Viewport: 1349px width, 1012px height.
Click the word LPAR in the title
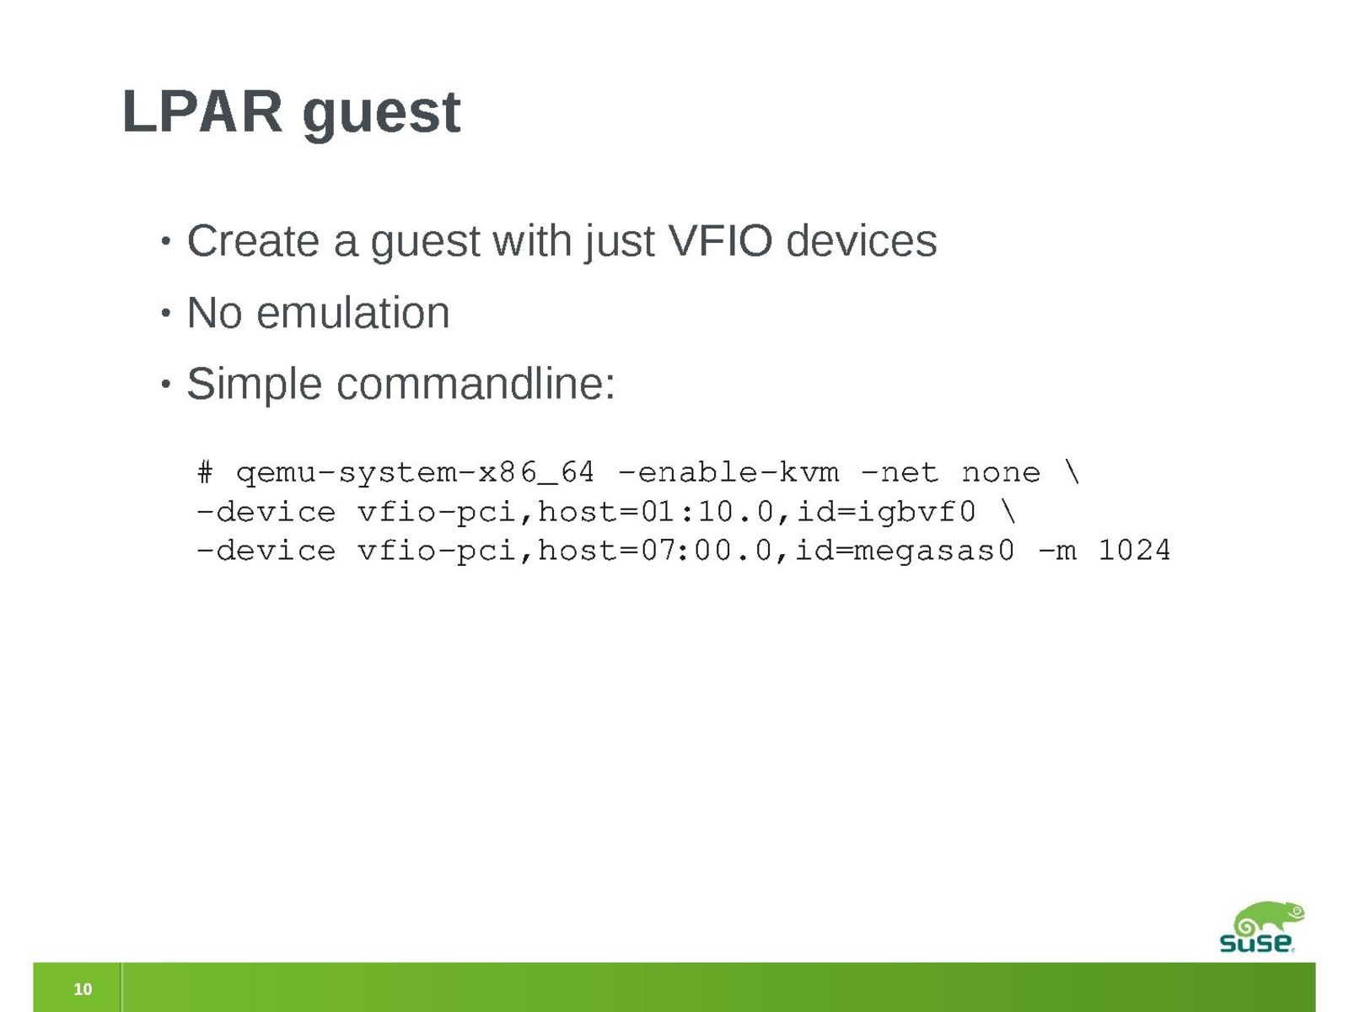click(202, 111)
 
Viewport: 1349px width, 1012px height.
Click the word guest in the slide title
click(381, 116)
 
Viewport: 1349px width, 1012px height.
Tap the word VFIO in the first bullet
click(720, 240)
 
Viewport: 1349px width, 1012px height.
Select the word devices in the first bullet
click(861, 240)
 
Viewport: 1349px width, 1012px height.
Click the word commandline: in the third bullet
click(476, 384)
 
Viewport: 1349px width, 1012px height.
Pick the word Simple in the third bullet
click(255, 385)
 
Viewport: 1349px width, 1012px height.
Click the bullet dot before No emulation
click(165, 314)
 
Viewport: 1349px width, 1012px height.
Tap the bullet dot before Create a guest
click(165, 241)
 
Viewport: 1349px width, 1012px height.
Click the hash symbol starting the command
click(205, 472)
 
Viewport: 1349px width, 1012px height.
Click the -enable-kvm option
click(728, 472)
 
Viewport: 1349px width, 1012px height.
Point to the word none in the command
click(1001, 473)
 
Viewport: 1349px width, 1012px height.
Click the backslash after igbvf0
click(1008, 512)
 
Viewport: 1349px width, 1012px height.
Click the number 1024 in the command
click(1134, 550)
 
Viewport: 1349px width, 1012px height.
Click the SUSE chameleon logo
click(1262, 927)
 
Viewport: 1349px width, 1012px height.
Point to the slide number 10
click(83, 989)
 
